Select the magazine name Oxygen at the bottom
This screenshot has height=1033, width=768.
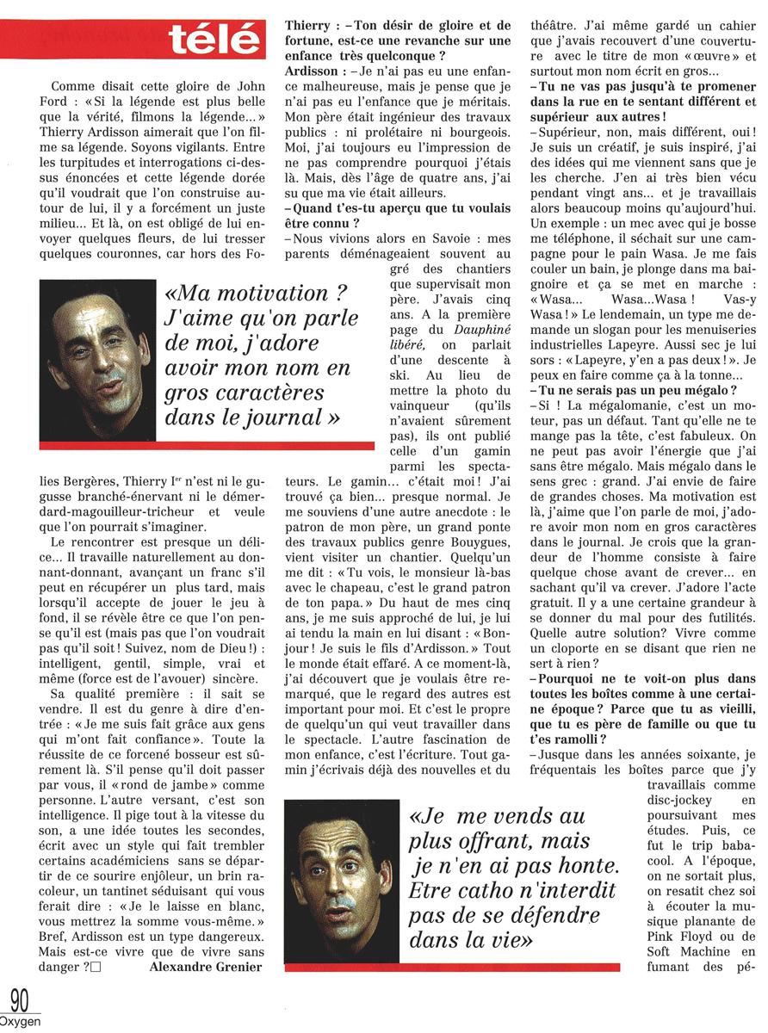[x=20, y=1022]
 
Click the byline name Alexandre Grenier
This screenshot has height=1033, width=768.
[x=206, y=967]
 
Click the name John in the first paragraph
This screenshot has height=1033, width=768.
[x=243, y=87]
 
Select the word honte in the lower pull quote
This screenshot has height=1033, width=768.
[x=585, y=864]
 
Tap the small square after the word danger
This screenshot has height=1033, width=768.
[x=96, y=967]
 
